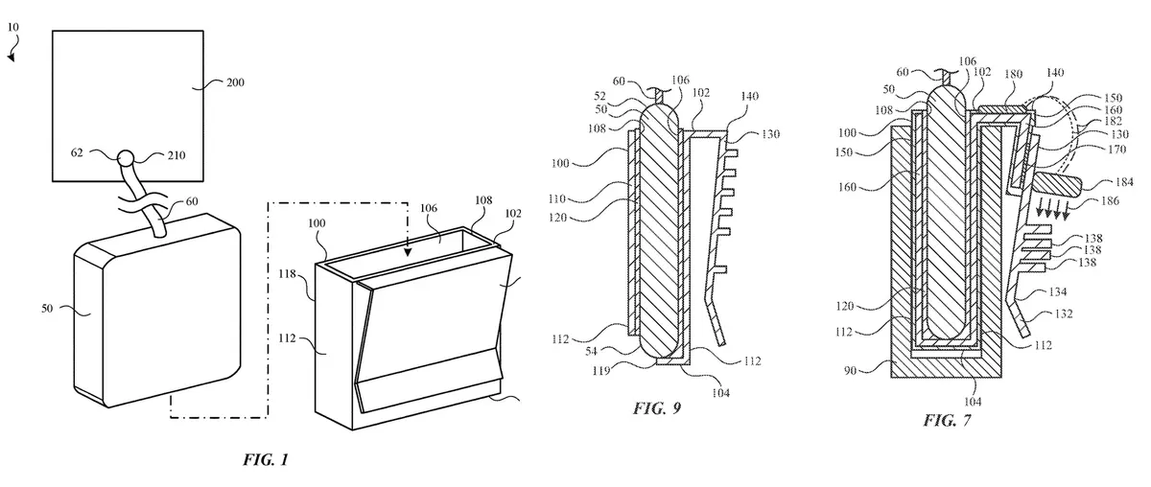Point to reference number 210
click(x=176, y=154)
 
